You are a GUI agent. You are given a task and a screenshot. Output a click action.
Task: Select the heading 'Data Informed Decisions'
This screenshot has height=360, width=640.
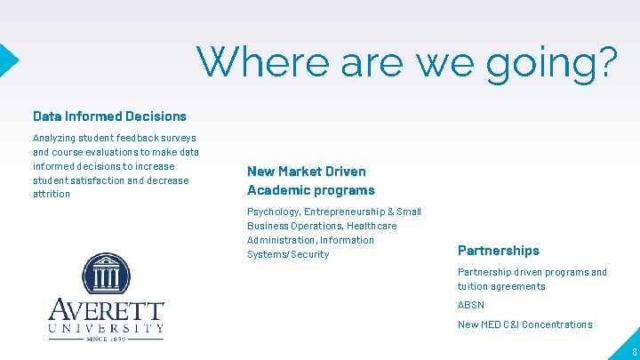[x=109, y=116]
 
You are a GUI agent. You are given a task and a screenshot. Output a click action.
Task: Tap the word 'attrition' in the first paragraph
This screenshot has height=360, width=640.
[x=51, y=194]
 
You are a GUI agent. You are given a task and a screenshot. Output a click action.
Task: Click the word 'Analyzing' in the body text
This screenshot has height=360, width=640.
[x=53, y=138]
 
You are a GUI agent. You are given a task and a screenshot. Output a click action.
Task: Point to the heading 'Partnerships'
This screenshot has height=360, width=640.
[x=498, y=251]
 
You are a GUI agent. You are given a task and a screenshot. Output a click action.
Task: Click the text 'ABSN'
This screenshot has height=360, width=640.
[x=470, y=305]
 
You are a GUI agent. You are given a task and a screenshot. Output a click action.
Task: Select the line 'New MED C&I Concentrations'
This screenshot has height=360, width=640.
[x=524, y=324]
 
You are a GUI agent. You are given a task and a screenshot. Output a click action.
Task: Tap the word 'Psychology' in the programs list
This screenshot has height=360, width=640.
[x=272, y=212]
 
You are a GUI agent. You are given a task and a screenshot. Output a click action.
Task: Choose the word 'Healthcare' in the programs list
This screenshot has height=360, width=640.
[x=372, y=226]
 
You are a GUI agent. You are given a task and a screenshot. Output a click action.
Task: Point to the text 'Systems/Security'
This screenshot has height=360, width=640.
[x=288, y=254]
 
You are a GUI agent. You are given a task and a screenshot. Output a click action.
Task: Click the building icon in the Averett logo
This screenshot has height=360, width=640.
[x=106, y=275]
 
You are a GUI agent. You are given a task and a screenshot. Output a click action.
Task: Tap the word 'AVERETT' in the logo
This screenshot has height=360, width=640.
[x=106, y=312]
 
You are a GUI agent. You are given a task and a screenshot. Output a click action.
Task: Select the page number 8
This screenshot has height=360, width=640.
[x=634, y=352]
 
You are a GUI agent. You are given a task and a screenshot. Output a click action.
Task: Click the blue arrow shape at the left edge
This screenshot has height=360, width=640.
[x=8, y=60]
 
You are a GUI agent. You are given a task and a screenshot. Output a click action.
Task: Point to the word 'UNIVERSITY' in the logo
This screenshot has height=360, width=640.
[x=106, y=328]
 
